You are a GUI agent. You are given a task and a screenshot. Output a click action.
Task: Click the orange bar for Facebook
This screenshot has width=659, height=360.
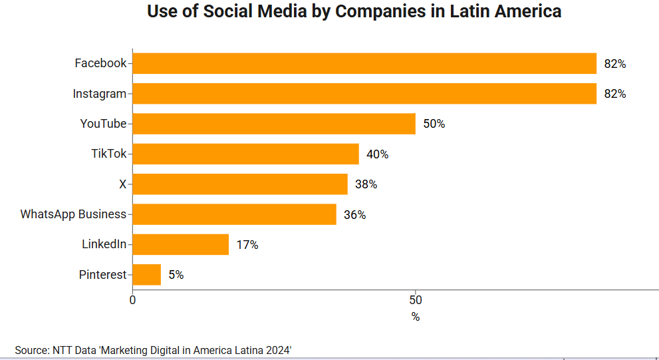coord(364,63)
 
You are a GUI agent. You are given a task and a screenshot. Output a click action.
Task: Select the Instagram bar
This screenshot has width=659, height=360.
coord(364,94)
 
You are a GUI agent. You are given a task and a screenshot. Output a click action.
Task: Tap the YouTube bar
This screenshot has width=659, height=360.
coord(274,124)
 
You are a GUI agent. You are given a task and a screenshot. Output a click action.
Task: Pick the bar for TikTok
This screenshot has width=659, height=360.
coord(245,154)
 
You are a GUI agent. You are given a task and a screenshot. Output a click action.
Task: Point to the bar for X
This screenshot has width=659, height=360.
coord(240,184)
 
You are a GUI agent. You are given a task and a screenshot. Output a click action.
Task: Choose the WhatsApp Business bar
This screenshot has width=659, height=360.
coord(234,214)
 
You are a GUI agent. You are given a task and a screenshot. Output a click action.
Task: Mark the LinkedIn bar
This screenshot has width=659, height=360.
coord(181,244)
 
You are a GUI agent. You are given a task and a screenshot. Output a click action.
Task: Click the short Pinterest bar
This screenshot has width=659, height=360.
coord(147,274)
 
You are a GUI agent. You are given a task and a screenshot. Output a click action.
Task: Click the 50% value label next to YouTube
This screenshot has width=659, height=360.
coord(434,124)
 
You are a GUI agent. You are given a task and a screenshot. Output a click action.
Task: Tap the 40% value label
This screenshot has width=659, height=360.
coord(377,154)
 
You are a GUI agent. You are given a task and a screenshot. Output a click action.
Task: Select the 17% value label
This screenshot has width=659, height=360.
coord(247,245)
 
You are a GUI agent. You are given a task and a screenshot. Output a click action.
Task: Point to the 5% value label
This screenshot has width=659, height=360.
coord(176,275)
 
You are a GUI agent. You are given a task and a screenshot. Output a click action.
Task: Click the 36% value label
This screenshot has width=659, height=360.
coord(354,215)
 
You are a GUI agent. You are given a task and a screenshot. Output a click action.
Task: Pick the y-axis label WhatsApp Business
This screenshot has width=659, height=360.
coord(73,214)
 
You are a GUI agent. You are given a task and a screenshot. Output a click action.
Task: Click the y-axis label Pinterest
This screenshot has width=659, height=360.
coord(102,275)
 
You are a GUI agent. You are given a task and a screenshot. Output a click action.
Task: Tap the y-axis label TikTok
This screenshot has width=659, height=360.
coord(108,154)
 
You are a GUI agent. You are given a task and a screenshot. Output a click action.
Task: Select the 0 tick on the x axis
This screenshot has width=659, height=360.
coord(132,300)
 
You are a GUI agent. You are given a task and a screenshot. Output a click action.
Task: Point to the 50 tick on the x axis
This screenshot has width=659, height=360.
coord(416,300)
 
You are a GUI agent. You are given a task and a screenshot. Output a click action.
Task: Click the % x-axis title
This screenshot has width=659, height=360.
coord(416,317)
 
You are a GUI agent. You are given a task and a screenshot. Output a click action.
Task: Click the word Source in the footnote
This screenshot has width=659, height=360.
coord(31,350)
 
